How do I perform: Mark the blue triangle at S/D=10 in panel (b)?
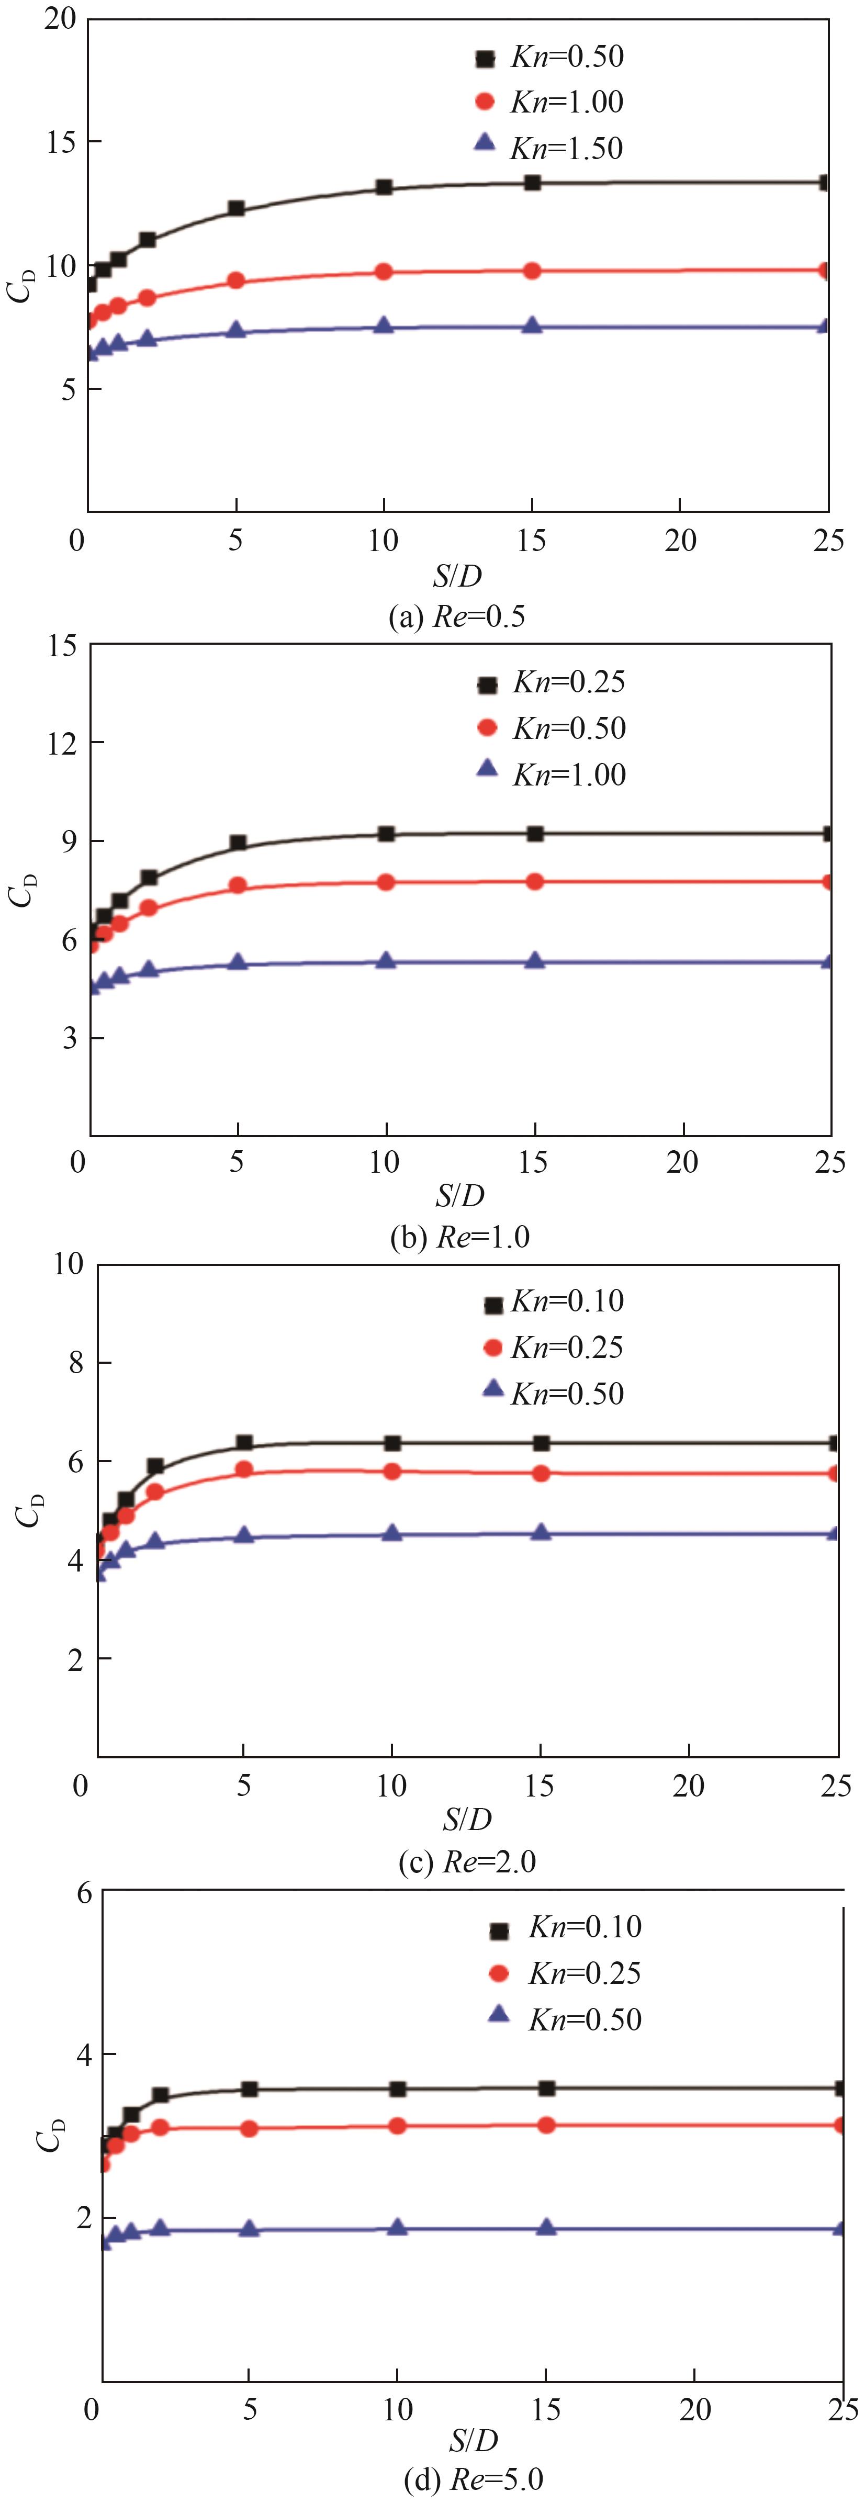pyautogui.click(x=386, y=961)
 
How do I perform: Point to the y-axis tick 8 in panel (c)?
pyautogui.click(x=76, y=1362)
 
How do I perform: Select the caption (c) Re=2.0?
pyautogui.click(x=467, y=1861)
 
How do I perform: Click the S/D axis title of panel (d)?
pyautogui.click(x=474, y=2440)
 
